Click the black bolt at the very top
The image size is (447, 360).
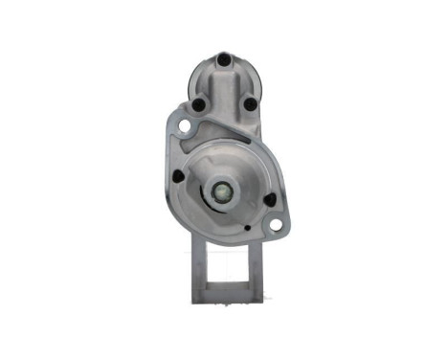[x=223, y=59]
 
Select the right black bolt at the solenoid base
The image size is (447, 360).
[x=250, y=104]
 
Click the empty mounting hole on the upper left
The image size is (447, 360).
[x=182, y=126]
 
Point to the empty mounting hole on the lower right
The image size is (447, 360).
[x=276, y=225]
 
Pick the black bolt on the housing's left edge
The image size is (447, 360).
[x=178, y=176]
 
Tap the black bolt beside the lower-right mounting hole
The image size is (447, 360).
[x=269, y=200]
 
